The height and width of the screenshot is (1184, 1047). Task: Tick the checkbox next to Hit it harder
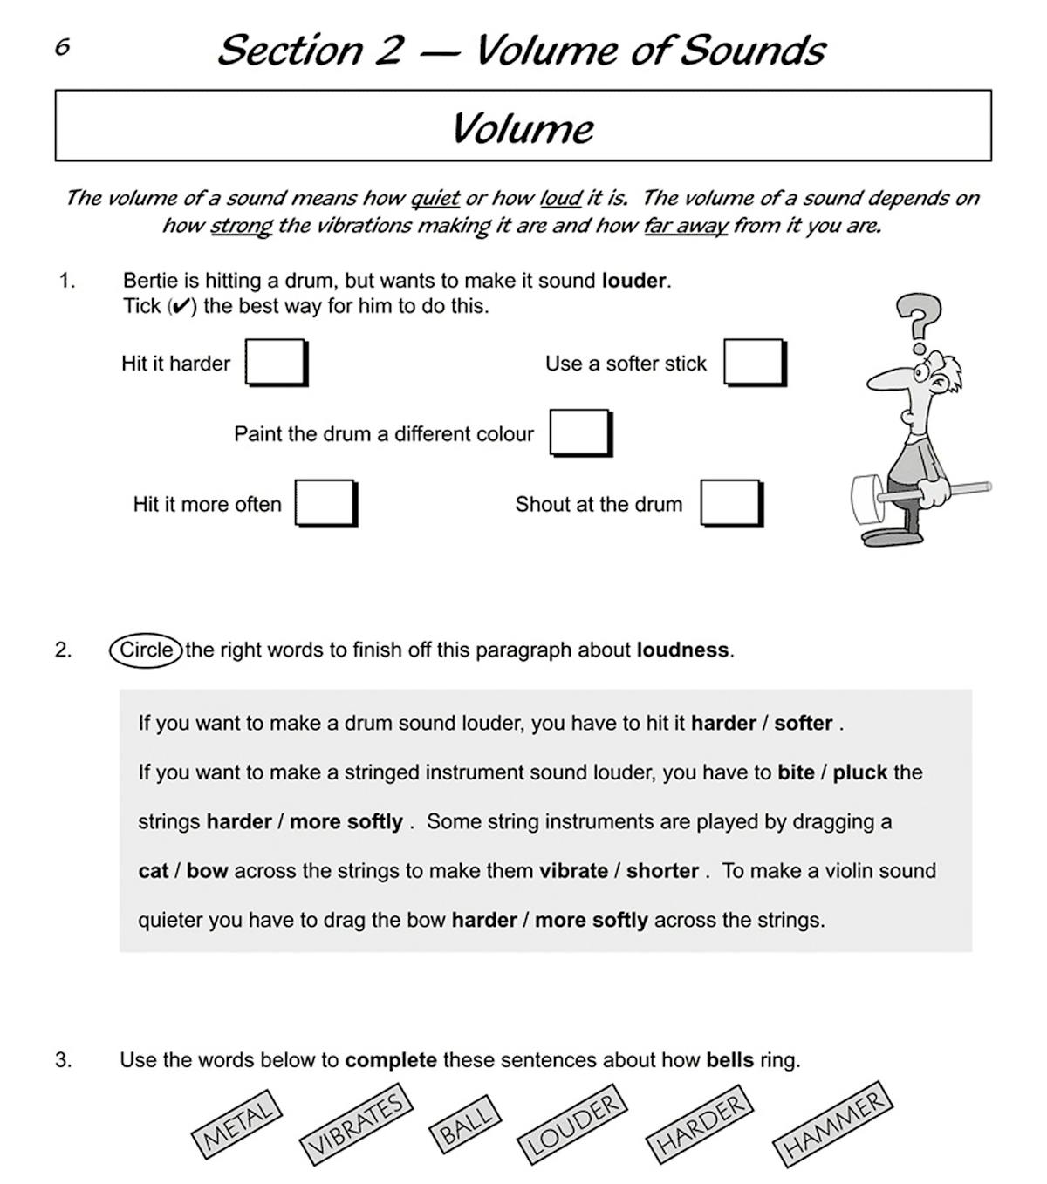pyautogui.click(x=275, y=362)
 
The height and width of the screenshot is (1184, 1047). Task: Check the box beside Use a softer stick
pyautogui.click(x=754, y=362)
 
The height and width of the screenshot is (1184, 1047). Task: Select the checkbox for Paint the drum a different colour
pyautogui.click(x=579, y=432)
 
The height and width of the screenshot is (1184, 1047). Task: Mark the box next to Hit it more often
pyautogui.click(x=325, y=503)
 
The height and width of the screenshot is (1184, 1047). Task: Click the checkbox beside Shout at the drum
pyautogui.click(x=730, y=503)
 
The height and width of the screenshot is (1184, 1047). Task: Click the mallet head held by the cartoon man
pyautogui.click(x=865, y=500)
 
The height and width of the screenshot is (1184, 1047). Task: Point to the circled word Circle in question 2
pyautogui.click(x=146, y=650)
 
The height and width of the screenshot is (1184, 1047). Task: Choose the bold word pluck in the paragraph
pyautogui.click(x=859, y=772)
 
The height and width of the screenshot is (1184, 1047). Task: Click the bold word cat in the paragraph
pyautogui.click(x=154, y=871)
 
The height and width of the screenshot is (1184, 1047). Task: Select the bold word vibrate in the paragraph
pyautogui.click(x=573, y=871)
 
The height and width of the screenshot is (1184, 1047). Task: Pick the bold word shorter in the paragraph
pyautogui.click(x=662, y=871)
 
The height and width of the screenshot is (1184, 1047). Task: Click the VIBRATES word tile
pyautogui.click(x=355, y=1124)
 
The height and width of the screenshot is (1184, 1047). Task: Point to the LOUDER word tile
pyautogui.click(x=573, y=1124)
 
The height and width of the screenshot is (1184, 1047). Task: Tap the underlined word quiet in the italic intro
pyautogui.click(x=435, y=198)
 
